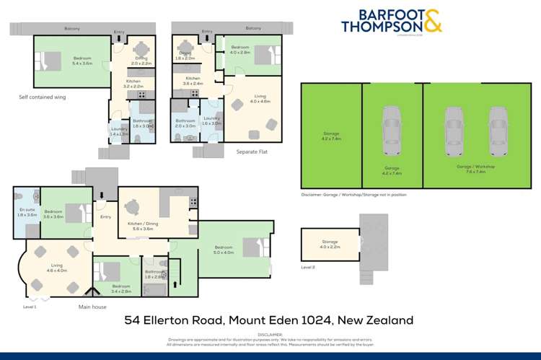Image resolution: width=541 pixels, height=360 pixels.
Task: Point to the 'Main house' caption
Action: pos(93,307)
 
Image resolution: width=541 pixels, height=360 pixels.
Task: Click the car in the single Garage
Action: pos(392,128)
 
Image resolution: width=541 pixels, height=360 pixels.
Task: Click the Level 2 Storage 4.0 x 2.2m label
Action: pos(330,245)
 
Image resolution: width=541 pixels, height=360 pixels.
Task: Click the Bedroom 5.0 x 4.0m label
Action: pos(224,250)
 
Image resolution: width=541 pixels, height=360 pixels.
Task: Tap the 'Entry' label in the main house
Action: pos(106,216)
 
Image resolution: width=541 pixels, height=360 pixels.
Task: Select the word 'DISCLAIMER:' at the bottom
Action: pos(269,334)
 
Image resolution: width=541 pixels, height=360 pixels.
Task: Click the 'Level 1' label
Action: pos(30,307)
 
